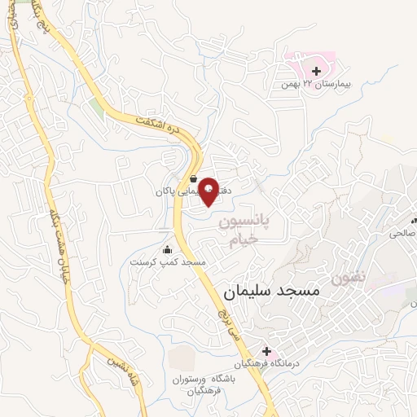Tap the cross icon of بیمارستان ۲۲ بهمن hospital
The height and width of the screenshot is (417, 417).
point(316,72)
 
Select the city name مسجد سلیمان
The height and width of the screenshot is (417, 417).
point(270,290)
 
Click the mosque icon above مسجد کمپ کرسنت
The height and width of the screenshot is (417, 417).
point(167,249)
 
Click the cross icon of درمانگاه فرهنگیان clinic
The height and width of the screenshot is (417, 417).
point(266,350)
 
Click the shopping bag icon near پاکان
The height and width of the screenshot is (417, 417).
point(193,179)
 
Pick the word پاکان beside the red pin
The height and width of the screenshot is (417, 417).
point(173,193)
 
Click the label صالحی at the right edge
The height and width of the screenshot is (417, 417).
point(402,233)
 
